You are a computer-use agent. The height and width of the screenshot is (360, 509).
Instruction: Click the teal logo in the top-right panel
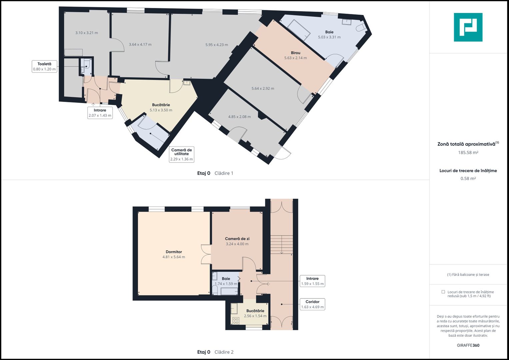coord(468,27)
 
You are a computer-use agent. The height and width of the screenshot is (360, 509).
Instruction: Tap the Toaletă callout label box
coord(44,67)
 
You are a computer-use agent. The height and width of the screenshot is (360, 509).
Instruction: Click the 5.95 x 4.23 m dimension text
coord(217,45)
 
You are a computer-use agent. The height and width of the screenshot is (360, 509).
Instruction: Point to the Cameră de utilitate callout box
coord(182,154)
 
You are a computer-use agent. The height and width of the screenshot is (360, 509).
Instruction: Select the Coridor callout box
coord(312,304)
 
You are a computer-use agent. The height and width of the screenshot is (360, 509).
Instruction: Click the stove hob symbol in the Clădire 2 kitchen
coord(236,321)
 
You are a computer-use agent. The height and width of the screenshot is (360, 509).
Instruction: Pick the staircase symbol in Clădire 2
coord(282,245)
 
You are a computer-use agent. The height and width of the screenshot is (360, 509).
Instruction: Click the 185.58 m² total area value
coord(468,153)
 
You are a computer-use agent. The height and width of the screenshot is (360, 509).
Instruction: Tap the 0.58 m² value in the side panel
coord(468,179)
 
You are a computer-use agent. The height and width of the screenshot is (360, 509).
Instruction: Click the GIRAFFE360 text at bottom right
coord(468,345)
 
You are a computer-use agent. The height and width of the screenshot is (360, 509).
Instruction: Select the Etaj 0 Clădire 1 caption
coord(215,173)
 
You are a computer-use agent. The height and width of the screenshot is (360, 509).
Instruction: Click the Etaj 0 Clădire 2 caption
coord(215,352)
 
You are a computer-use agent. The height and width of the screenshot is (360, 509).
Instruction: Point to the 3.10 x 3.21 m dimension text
coord(87,33)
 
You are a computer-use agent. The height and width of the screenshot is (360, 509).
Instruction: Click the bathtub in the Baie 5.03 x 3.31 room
coord(299,30)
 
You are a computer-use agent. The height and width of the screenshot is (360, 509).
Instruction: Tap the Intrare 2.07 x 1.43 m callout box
coord(100,113)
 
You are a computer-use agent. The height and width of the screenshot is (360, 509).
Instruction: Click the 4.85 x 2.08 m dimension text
coord(239,117)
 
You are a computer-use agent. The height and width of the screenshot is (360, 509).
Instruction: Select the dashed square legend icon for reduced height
coord(443,292)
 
